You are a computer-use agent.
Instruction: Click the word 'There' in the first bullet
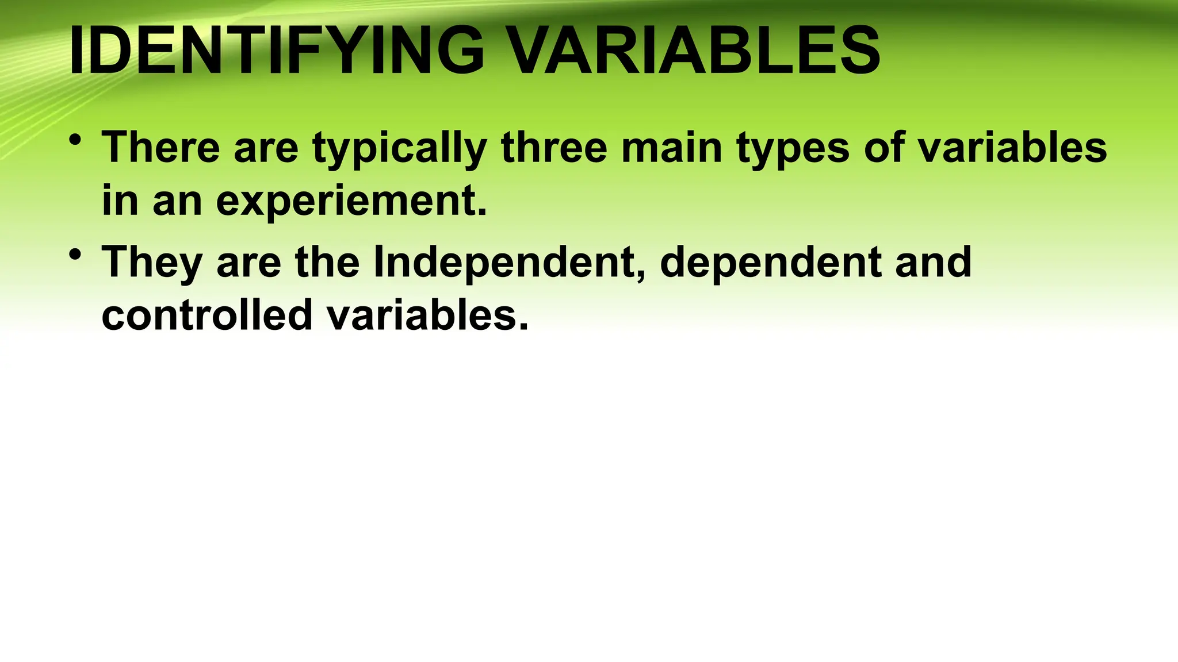pyautogui.click(x=160, y=147)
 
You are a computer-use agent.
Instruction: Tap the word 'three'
pyautogui.click(x=554, y=147)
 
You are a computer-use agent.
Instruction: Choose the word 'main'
pyautogui.click(x=672, y=147)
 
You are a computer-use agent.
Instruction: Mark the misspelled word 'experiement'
pyautogui.click(x=351, y=202)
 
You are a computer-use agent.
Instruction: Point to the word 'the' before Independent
pyautogui.click(x=327, y=261)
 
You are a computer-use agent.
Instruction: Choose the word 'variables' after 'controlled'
pyautogui.click(x=427, y=315)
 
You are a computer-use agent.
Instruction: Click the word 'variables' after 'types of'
pyautogui.click(x=1012, y=147)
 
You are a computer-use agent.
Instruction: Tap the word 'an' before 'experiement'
pyautogui.click(x=177, y=202)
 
